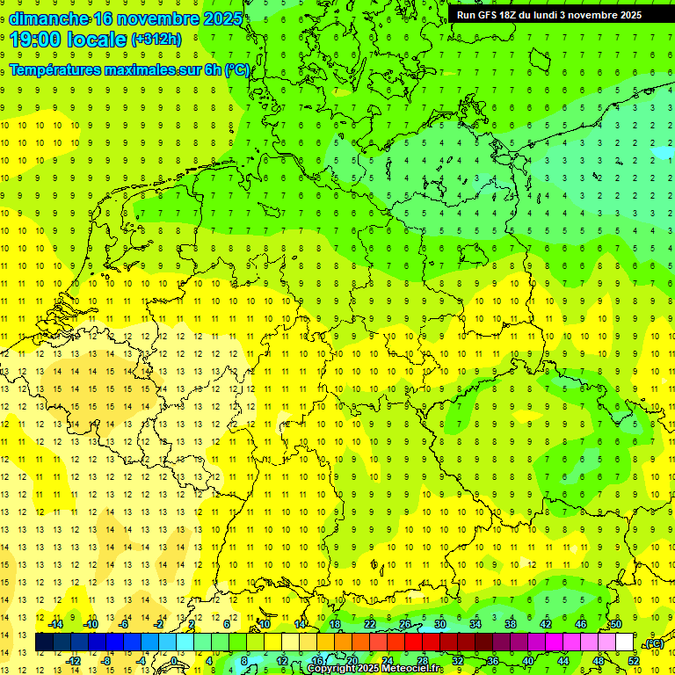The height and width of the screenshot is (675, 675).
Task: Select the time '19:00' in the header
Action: pos(37,40)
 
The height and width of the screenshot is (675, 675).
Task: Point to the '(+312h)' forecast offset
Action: pos(156,40)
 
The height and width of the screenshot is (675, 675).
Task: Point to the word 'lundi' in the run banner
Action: pos(555,15)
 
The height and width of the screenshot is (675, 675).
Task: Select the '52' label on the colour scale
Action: pos(634,660)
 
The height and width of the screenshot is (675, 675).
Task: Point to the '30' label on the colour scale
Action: pos(439,624)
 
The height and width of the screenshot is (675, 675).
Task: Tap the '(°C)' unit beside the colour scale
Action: pos(653,643)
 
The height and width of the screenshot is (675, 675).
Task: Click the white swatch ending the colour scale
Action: pos(624,642)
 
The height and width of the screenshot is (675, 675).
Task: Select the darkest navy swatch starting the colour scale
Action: pos(44,642)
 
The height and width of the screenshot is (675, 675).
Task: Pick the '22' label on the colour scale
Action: pos(370,624)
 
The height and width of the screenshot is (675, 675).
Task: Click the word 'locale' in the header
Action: pos(95,40)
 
